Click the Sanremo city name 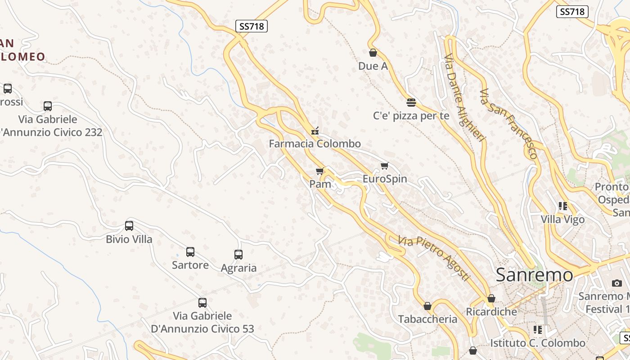(535, 275)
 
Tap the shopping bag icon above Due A (373, 53)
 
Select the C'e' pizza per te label (411, 116)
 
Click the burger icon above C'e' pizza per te (411, 103)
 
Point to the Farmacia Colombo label (315, 144)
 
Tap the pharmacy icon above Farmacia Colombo (315, 131)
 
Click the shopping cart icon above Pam (320, 171)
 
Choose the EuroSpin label (385, 179)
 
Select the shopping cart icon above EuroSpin (384, 166)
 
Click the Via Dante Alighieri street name (465, 98)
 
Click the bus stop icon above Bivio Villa (129, 225)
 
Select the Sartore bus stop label (190, 265)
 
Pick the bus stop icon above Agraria (238, 255)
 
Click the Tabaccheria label (427, 319)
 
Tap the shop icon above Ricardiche (491, 298)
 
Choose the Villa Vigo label (562, 220)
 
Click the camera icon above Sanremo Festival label (617, 283)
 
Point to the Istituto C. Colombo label (538, 343)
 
